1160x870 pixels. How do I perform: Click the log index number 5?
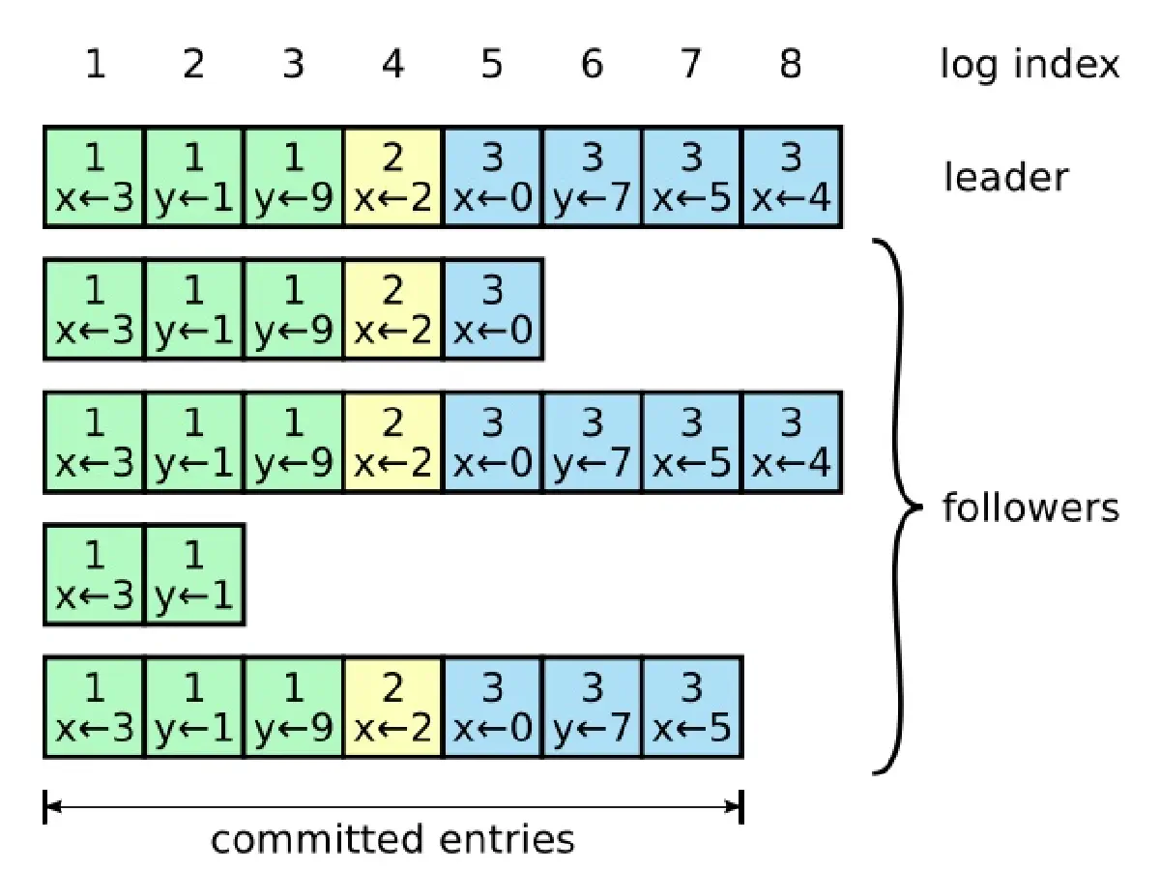click(x=492, y=65)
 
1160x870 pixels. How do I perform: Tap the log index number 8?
click(x=791, y=65)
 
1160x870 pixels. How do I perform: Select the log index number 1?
click(x=95, y=65)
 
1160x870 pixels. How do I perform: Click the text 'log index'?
click(x=1030, y=65)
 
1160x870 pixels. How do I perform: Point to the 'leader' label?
click(x=1006, y=177)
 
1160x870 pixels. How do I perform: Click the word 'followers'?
click(x=1030, y=507)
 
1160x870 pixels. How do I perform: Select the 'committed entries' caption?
click(x=392, y=838)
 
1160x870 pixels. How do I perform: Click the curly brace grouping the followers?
click(x=899, y=507)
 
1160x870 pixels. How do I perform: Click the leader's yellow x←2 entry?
click(x=392, y=177)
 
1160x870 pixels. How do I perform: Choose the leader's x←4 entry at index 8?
click(x=791, y=177)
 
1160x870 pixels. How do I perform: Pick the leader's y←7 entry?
click(x=592, y=177)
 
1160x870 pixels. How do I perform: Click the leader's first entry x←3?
click(x=95, y=177)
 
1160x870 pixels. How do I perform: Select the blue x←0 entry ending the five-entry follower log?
click(x=492, y=309)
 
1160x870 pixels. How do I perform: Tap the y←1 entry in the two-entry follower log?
click(x=194, y=574)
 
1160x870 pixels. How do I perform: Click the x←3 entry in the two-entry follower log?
click(x=95, y=574)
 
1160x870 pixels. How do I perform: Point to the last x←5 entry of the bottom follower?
click(x=691, y=707)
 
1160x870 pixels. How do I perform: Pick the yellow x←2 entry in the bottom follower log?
click(x=392, y=707)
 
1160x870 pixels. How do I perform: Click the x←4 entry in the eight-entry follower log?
click(x=791, y=442)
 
